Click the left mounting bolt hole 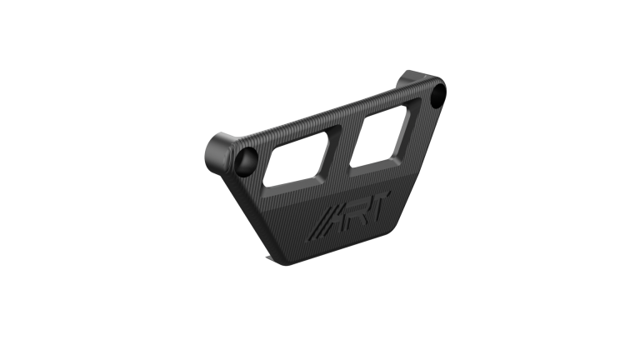point(247,161)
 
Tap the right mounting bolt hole point(437,94)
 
